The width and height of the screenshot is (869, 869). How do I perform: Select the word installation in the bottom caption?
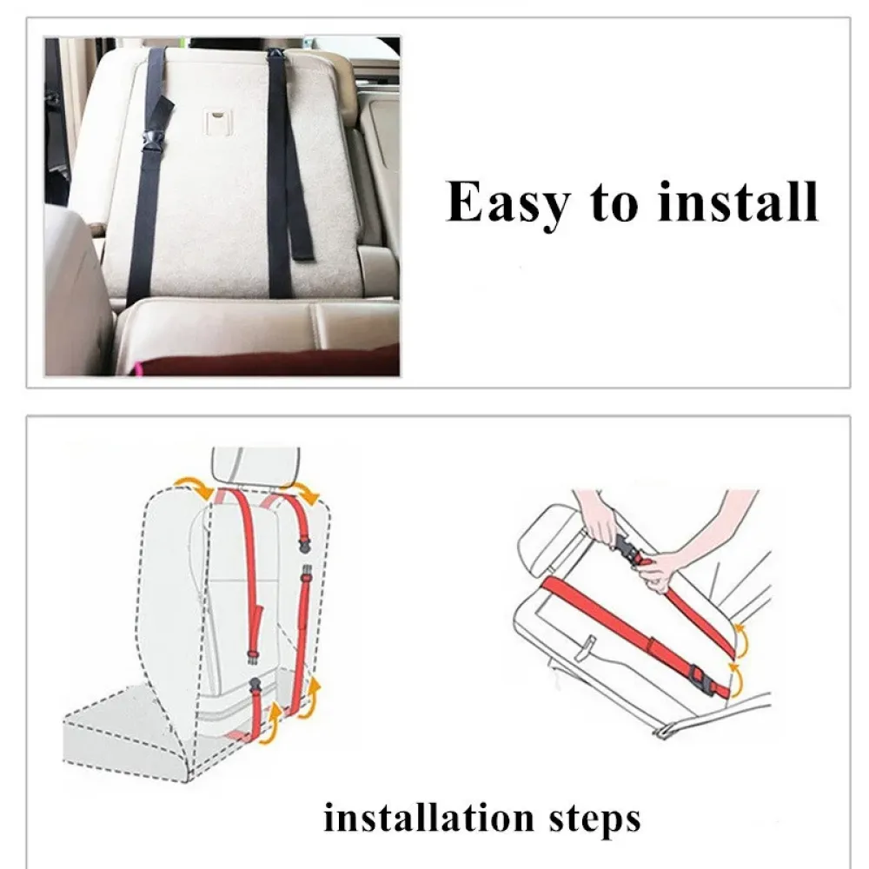[x=428, y=818]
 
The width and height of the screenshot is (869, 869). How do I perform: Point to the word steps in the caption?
[x=594, y=820]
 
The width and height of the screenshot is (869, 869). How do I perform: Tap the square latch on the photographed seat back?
[x=218, y=122]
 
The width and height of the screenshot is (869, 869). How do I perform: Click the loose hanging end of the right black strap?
[x=302, y=244]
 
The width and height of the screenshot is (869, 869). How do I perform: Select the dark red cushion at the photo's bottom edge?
[x=266, y=361]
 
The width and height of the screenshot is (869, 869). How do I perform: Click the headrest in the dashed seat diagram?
[x=255, y=466]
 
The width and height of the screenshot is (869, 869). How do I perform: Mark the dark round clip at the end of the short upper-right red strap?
[x=304, y=546]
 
